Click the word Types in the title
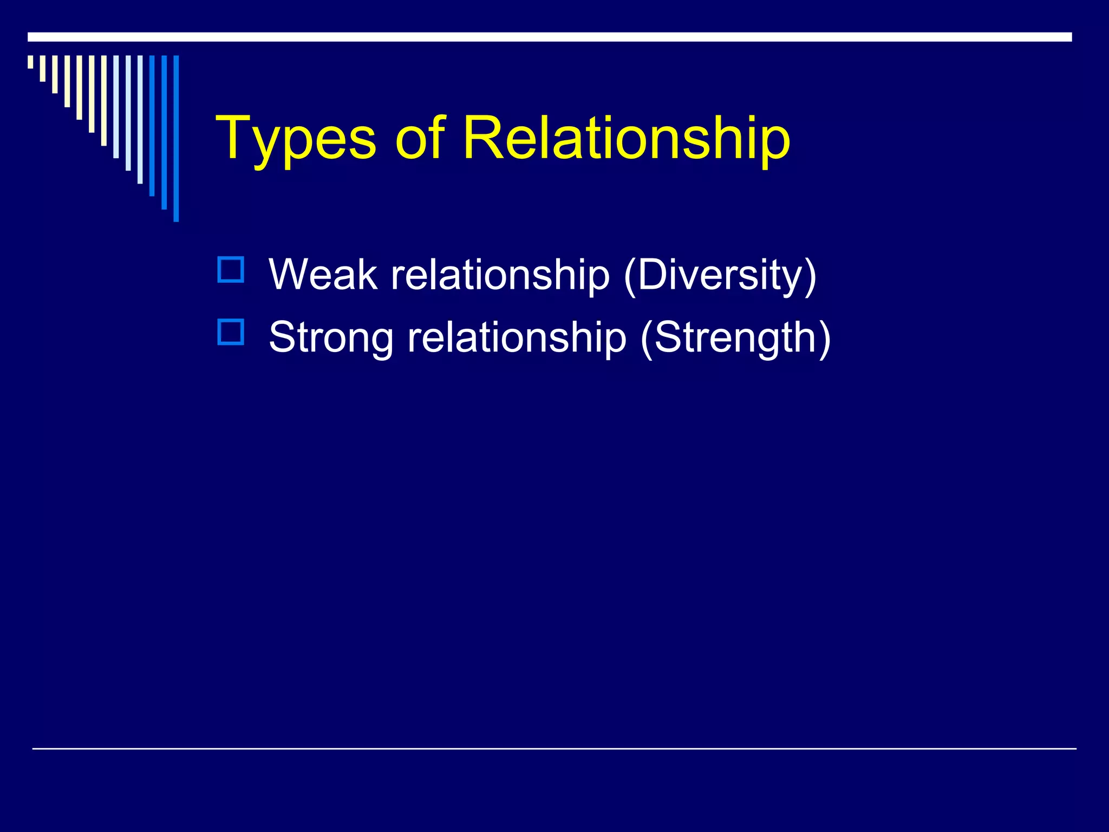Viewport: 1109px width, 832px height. click(295, 139)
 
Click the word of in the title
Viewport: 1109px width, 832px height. click(420, 139)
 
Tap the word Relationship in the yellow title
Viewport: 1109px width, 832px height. click(626, 139)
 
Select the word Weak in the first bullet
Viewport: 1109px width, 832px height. click(323, 274)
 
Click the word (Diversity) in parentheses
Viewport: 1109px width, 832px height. click(720, 275)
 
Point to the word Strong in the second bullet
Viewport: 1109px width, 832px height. click(331, 337)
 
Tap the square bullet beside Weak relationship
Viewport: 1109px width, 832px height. click(231, 270)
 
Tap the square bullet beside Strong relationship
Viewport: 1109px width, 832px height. click(231, 332)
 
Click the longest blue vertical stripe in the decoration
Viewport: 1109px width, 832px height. click(176, 138)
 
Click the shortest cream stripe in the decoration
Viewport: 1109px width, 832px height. click(30, 62)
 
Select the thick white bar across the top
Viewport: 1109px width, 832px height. click(549, 37)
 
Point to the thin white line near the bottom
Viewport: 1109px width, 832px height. click(554, 749)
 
